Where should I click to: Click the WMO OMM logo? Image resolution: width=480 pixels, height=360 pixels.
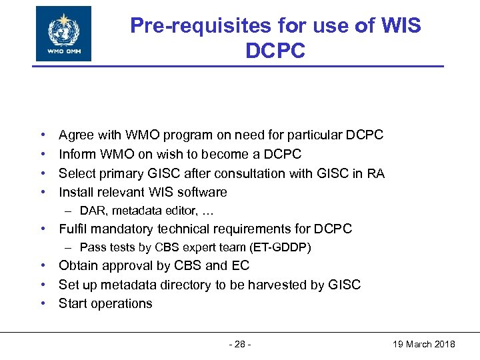[63, 33]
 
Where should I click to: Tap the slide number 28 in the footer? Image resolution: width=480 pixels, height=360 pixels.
[240, 344]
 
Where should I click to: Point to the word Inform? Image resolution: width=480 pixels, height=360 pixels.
[77, 154]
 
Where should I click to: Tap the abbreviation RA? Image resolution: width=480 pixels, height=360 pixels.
[375, 173]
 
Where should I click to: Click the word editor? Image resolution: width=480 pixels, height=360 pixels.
[183, 211]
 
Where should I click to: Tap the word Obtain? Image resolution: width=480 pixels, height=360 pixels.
[78, 266]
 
